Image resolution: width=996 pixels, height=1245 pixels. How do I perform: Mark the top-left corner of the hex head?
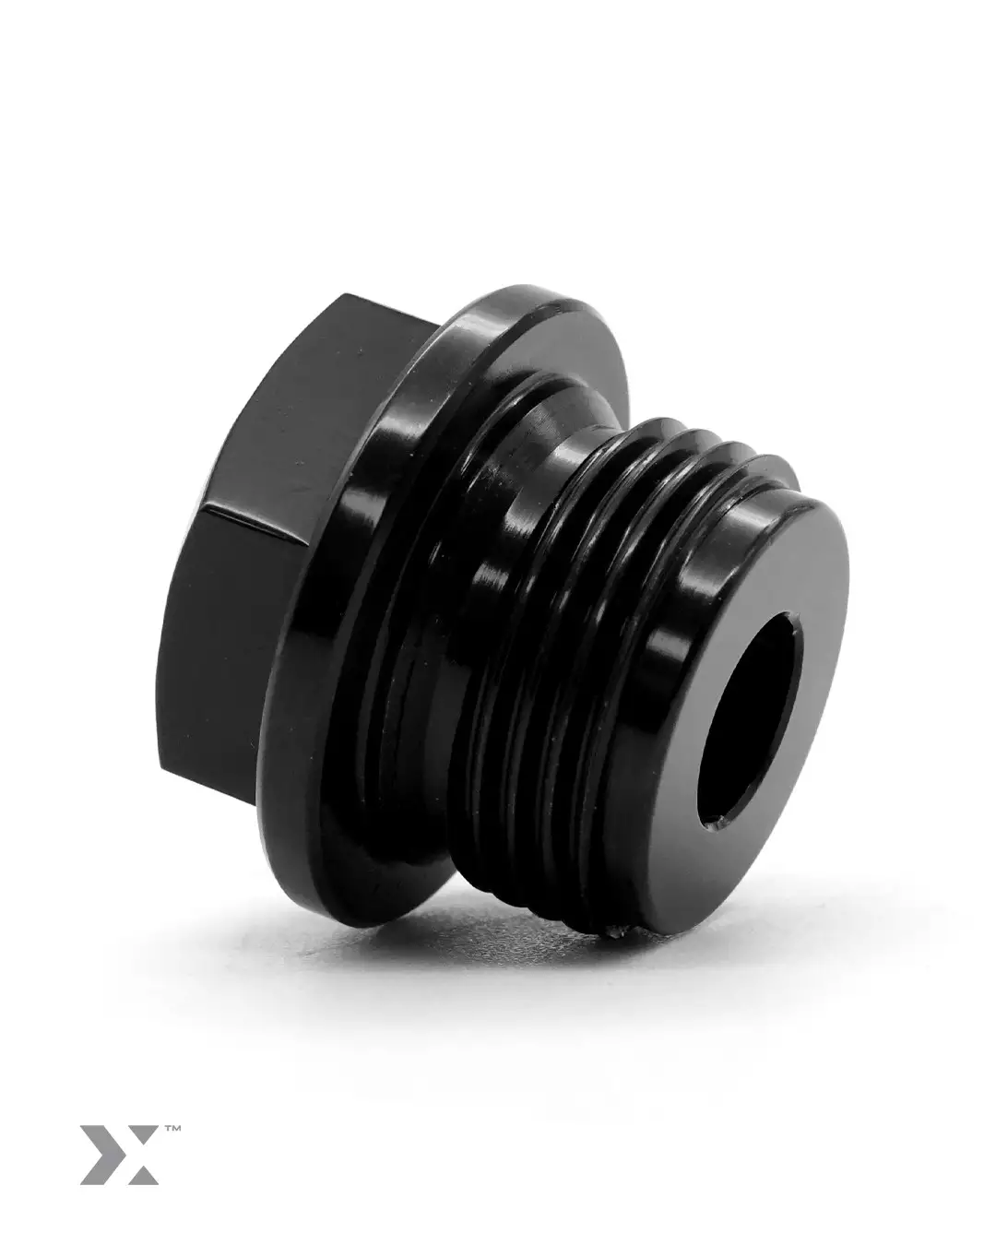[346, 298]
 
